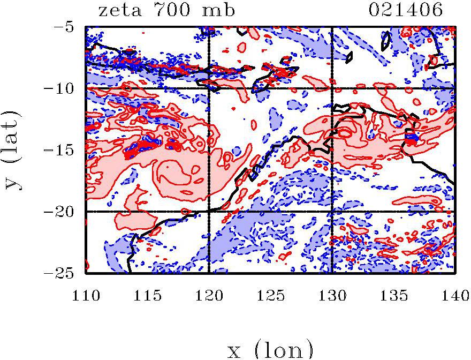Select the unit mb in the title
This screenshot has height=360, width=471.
[219, 10]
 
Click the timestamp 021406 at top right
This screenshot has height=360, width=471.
[406, 10]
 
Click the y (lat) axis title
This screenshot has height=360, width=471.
[16, 150]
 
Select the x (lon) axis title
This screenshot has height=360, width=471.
[270, 350]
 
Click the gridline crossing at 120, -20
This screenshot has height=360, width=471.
[209, 212]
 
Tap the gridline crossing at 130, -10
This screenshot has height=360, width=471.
[332, 88]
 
